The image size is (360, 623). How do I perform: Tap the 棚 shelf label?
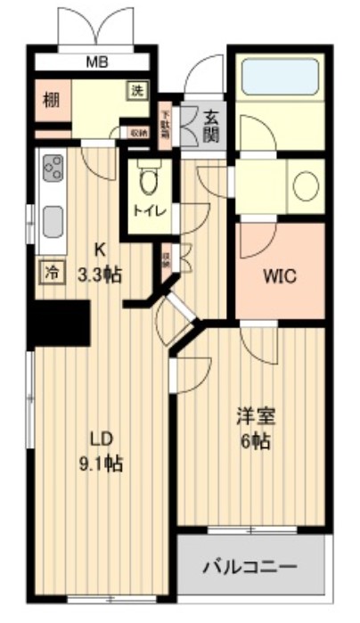point(51,99)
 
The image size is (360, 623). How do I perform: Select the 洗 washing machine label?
point(137,91)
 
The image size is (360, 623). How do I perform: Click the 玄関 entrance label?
point(211,124)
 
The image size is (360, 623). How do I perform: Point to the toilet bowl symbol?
point(149,183)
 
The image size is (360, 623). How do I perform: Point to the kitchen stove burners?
point(53,168)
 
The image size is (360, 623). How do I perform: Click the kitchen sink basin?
point(53,219)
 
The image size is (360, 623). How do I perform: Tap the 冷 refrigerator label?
point(51,272)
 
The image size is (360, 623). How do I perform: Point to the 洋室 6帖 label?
point(255,428)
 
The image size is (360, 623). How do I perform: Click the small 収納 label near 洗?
point(138,132)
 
